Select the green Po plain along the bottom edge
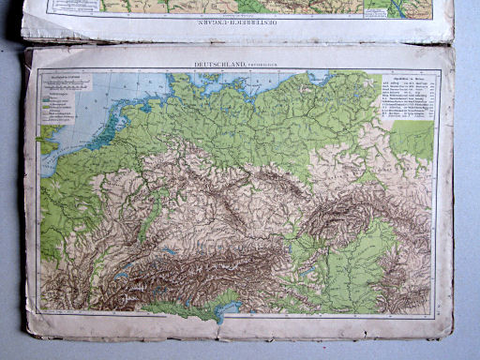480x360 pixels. tap(187, 307)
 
